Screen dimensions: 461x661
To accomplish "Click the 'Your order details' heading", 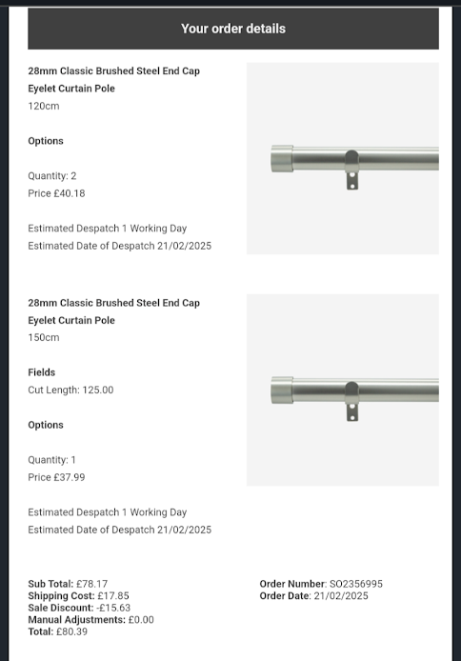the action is click(x=233, y=29).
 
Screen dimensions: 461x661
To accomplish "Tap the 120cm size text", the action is click(x=43, y=106).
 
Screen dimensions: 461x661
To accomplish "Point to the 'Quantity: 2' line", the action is click(x=52, y=176).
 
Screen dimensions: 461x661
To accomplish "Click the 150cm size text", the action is click(x=43, y=337).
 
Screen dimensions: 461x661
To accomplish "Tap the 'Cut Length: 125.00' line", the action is click(x=70, y=390).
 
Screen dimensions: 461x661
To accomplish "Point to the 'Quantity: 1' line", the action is click(x=52, y=460).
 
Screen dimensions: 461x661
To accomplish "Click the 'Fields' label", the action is click(x=42, y=372).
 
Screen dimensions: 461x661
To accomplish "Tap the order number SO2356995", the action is click(x=356, y=584).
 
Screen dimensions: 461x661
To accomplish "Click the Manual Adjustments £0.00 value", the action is click(x=141, y=620).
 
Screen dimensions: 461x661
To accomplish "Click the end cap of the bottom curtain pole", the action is click(x=282, y=391).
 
